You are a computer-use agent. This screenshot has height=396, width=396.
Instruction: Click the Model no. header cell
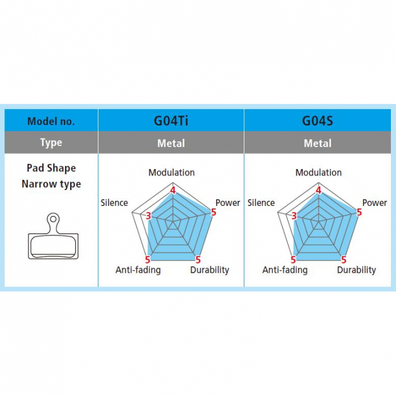tap(51, 121)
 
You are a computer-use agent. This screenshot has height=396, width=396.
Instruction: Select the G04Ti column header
tap(171, 120)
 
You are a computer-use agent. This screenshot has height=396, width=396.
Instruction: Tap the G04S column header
tap(317, 120)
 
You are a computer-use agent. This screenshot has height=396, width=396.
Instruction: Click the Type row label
tap(51, 143)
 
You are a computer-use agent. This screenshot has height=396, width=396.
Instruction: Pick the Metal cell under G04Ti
tap(171, 143)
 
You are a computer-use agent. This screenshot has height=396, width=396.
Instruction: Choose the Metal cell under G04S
tap(317, 143)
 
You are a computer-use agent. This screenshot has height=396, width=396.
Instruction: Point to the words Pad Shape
tap(51, 168)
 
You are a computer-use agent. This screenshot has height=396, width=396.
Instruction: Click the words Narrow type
tap(51, 184)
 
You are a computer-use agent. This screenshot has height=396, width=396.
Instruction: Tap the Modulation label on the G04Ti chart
tap(171, 173)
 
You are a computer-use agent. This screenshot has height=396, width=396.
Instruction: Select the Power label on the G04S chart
tap(375, 203)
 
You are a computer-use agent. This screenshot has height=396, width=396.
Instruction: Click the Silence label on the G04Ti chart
tap(114, 203)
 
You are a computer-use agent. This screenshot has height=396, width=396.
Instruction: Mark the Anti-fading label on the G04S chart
tap(285, 270)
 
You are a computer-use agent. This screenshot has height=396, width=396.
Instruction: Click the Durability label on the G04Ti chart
tap(209, 270)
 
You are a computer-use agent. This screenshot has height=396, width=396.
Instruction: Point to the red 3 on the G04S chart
tap(294, 216)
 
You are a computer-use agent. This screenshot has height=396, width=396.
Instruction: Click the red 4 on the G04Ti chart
tap(173, 190)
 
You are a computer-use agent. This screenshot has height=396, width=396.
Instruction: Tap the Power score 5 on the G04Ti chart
tap(213, 212)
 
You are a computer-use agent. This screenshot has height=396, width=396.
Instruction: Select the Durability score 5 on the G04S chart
tap(343, 260)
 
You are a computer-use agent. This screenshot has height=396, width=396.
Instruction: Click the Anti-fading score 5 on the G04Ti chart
tap(148, 260)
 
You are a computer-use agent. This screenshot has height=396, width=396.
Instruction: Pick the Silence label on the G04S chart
tap(261, 203)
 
